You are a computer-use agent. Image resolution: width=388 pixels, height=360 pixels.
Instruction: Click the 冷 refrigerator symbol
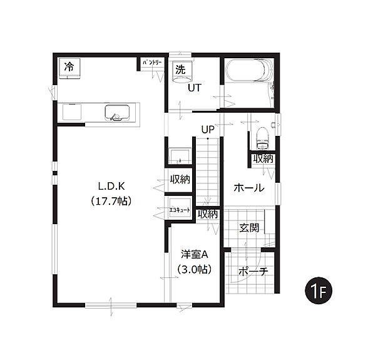click(x=69, y=69)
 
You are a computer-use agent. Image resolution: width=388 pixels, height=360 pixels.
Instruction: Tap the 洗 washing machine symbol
click(x=182, y=71)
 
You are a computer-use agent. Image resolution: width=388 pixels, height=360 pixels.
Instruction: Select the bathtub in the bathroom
click(x=248, y=70)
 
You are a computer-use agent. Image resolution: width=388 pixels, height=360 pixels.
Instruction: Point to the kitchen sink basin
click(x=117, y=113)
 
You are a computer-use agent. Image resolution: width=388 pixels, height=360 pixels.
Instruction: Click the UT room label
click(x=195, y=88)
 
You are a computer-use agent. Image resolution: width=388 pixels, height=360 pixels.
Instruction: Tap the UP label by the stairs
click(x=208, y=129)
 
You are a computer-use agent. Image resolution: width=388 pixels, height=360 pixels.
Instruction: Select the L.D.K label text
click(x=111, y=186)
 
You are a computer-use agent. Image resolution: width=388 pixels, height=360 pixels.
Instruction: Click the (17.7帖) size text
click(x=111, y=201)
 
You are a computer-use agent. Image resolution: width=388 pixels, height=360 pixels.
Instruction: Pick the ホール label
click(x=249, y=188)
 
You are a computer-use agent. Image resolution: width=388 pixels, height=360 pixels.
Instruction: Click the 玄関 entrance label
click(x=249, y=228)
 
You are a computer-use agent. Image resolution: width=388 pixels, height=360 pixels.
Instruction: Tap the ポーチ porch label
click(x=253, y=271)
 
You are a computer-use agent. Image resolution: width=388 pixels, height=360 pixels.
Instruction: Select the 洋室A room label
click(x=195, y=254)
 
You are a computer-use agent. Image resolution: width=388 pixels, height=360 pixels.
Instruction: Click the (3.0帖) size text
click(x=195, y=269)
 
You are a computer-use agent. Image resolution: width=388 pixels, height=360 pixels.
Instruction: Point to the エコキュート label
click(x=180, y=210)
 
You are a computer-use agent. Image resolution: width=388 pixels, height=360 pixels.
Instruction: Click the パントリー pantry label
click(x=152, y=63)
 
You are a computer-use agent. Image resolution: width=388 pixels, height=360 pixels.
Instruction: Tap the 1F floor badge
click(x=319, y=291)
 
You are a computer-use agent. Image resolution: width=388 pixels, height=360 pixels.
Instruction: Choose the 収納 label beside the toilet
click(x=263, y=158)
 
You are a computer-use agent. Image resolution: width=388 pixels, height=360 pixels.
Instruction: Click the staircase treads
click(x=208, y=172)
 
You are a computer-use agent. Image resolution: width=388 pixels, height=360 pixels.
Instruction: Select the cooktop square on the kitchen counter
click(x=72, y=112)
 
